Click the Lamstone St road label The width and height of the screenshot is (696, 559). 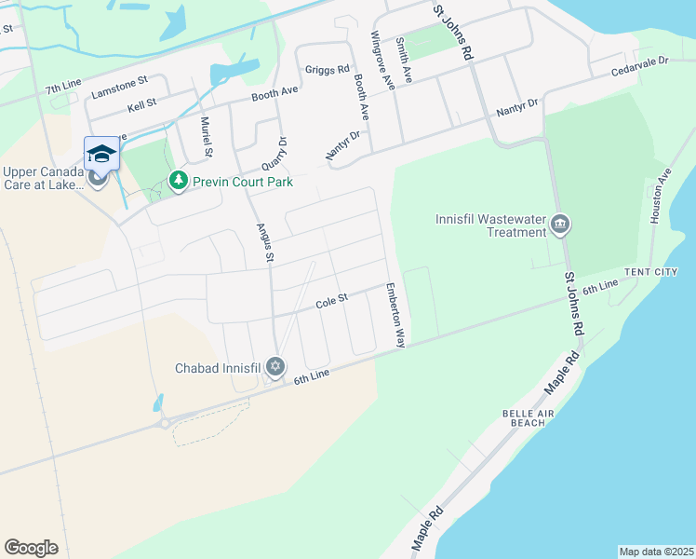(120, 89)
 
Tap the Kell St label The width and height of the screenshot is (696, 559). (142, 105)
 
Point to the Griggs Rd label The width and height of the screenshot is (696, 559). (327, 69)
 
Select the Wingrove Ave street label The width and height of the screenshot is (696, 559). (381, 60)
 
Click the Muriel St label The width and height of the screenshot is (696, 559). (207, 139)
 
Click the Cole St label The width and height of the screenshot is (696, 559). (330, 300)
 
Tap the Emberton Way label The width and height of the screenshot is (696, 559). (395, 315)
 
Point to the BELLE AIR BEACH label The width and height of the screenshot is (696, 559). (529, 416)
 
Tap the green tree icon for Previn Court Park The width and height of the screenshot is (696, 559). (177, 181)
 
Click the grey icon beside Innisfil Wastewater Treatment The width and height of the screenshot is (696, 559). (560, 224)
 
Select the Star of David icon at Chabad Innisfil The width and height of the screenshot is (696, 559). (274, 367)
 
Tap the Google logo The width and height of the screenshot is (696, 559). (32, 547)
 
